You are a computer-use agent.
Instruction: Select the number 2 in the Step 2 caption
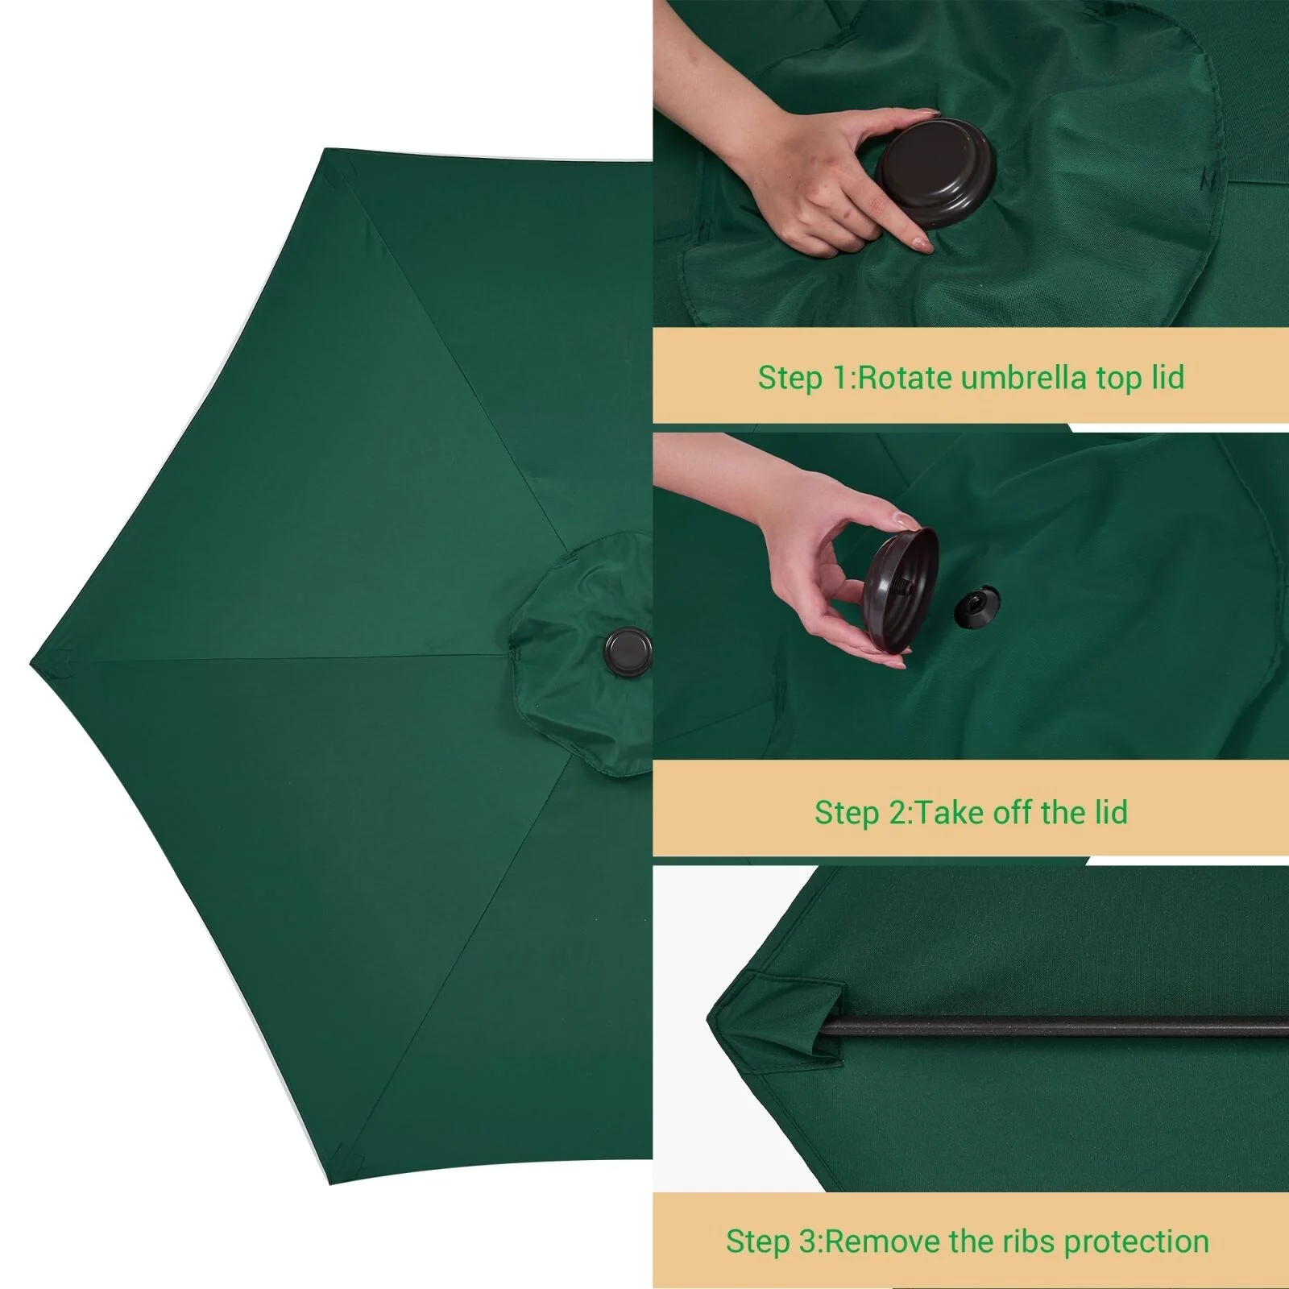(x=897, y=813)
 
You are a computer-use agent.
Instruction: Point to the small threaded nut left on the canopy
(x=976, y=607)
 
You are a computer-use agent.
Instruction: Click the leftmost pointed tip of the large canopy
(x=31, y=665)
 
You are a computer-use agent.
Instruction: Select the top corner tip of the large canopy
(x=325, y=150)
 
